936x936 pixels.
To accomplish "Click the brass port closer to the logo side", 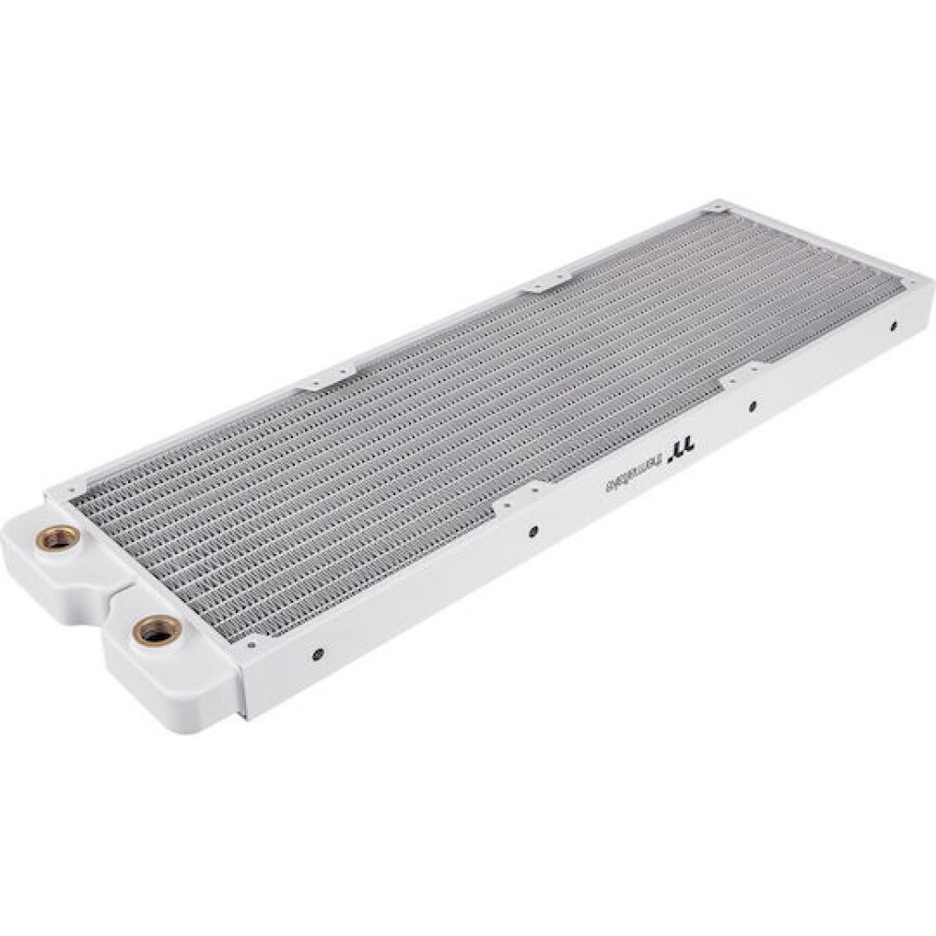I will point(156,631).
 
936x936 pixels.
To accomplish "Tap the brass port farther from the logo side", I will point(58,538).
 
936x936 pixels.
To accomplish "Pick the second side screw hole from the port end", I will point(533,531).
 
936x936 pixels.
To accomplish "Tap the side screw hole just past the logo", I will point(752,406).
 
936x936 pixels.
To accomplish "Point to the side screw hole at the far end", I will point(894,326).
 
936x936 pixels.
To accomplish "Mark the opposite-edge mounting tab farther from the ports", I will point(548,280).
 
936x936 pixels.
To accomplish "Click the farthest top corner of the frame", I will point(717,204).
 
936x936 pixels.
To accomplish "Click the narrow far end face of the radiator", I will point(928,300).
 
